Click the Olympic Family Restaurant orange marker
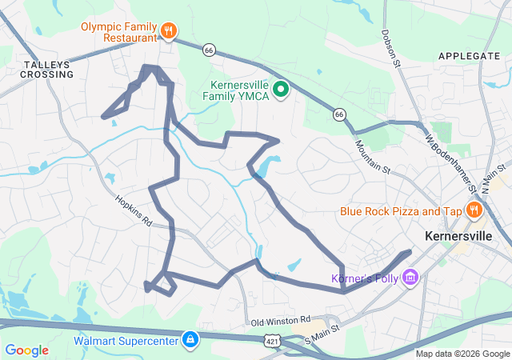coord(168,31)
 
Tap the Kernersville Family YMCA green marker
coord(280,89)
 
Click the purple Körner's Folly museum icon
coord(411,278)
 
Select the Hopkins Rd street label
coord(133,211)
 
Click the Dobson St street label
coord(391,48)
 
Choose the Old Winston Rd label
coord(280,320)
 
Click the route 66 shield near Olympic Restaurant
coord(210,50)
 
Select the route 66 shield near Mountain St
coord(340,115)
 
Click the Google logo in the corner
coord(26,350)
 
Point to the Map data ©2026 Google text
coord(462,354)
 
